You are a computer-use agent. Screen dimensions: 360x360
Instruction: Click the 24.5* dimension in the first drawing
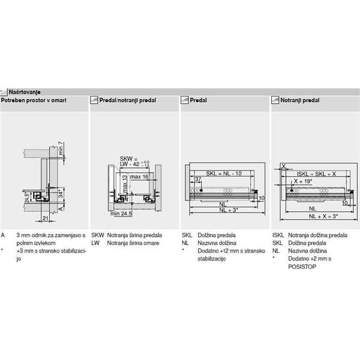pyautogui.click(x=28, y=195)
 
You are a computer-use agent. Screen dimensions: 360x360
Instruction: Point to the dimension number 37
pyautogui.click(x=197, y=179)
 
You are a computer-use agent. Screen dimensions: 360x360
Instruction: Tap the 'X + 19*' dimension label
pyautogui.click(x=303, y=181)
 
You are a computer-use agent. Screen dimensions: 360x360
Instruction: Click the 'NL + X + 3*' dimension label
pyautogui.click(x=316, y=216)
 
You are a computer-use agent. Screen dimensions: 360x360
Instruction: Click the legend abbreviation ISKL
pyautogui.click(x=277, y=236)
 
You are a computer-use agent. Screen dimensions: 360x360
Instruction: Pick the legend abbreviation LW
pyautogui.click(x=95, y=243)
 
